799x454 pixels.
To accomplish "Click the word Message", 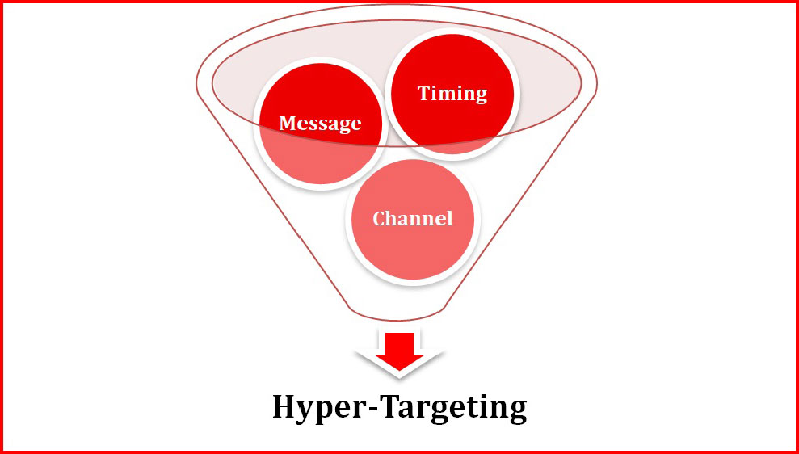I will (320, 123).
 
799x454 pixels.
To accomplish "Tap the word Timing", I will (452, 93).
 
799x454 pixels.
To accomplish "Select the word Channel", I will (412, 218).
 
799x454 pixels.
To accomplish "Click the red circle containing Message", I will (319, 149).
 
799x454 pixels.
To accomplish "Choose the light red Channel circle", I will (412, 242).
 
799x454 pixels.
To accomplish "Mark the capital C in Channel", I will (377, 219).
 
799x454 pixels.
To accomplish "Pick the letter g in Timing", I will (480, 95).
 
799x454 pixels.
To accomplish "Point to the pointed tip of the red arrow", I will (399, 374).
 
